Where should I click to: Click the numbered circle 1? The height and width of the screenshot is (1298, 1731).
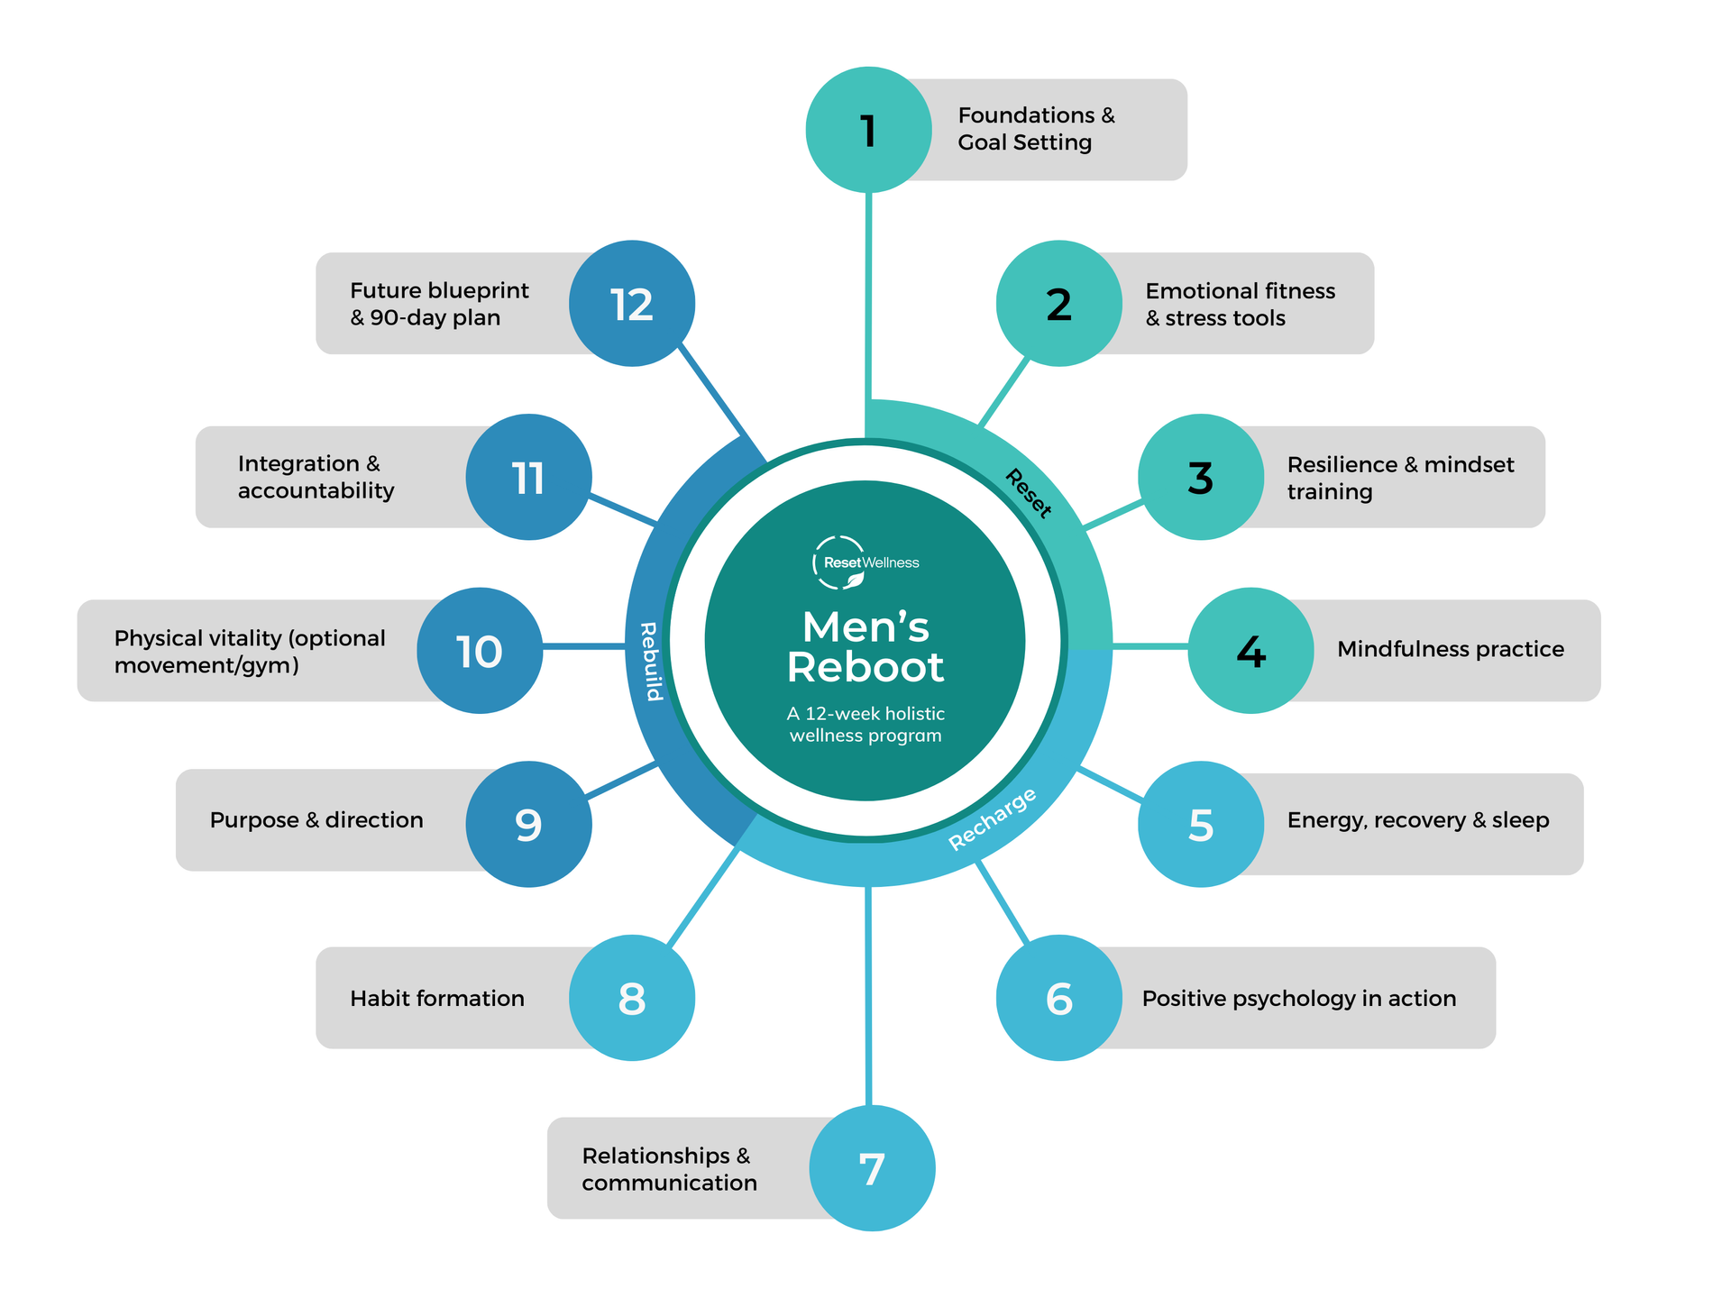868,130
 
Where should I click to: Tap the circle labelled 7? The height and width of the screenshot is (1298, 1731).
872,1168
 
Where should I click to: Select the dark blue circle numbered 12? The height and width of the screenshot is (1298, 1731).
632,304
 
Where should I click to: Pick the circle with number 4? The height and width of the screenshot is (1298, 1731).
1250,651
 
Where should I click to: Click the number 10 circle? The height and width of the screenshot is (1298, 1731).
480,651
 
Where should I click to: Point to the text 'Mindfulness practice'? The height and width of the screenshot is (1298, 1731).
1451,649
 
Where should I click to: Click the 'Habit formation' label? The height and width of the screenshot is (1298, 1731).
437,998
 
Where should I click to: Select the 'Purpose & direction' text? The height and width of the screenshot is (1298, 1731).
316,820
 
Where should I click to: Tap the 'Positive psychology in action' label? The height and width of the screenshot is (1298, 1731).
1299,999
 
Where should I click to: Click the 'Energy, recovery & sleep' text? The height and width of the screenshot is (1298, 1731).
1418,820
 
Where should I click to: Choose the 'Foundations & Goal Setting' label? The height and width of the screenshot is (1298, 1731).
1036,129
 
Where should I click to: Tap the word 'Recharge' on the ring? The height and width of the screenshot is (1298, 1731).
993,818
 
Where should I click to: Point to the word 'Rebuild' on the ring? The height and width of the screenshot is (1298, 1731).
651,661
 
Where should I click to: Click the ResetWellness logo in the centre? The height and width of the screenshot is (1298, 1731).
865,562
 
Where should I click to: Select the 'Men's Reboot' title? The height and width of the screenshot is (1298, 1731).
865,647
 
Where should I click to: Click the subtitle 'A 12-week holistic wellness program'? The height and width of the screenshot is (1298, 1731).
865,725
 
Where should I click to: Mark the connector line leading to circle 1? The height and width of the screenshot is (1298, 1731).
868,296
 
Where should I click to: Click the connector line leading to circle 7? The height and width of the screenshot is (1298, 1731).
868,996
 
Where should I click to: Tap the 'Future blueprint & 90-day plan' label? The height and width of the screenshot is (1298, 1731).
439,304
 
